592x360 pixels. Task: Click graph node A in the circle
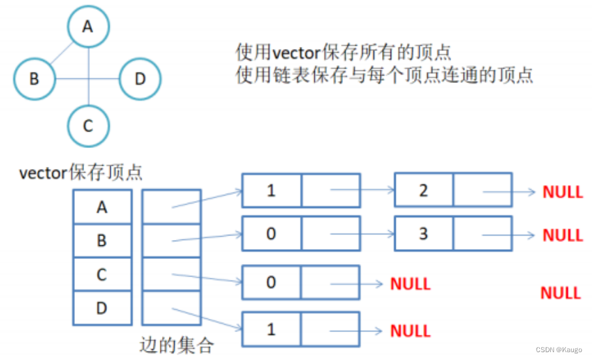point(89,27)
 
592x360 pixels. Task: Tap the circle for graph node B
point(35,80)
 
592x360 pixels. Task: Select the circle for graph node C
point(89,125)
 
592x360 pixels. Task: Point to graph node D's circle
point(140,80)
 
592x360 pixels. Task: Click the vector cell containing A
point(102,207)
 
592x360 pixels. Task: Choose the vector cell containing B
point(102,241)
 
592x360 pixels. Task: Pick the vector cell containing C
point(102,275)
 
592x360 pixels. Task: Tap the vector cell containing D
point(102,308)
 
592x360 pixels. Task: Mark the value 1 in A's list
point(271,190)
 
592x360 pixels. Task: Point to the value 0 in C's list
point(271,282)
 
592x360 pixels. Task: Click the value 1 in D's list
point(271,329)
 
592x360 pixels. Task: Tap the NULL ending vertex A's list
point(563,192)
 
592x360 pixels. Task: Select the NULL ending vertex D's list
point(410,331)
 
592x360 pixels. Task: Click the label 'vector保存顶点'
point(81,173)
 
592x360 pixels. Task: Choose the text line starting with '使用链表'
point(385,75)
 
